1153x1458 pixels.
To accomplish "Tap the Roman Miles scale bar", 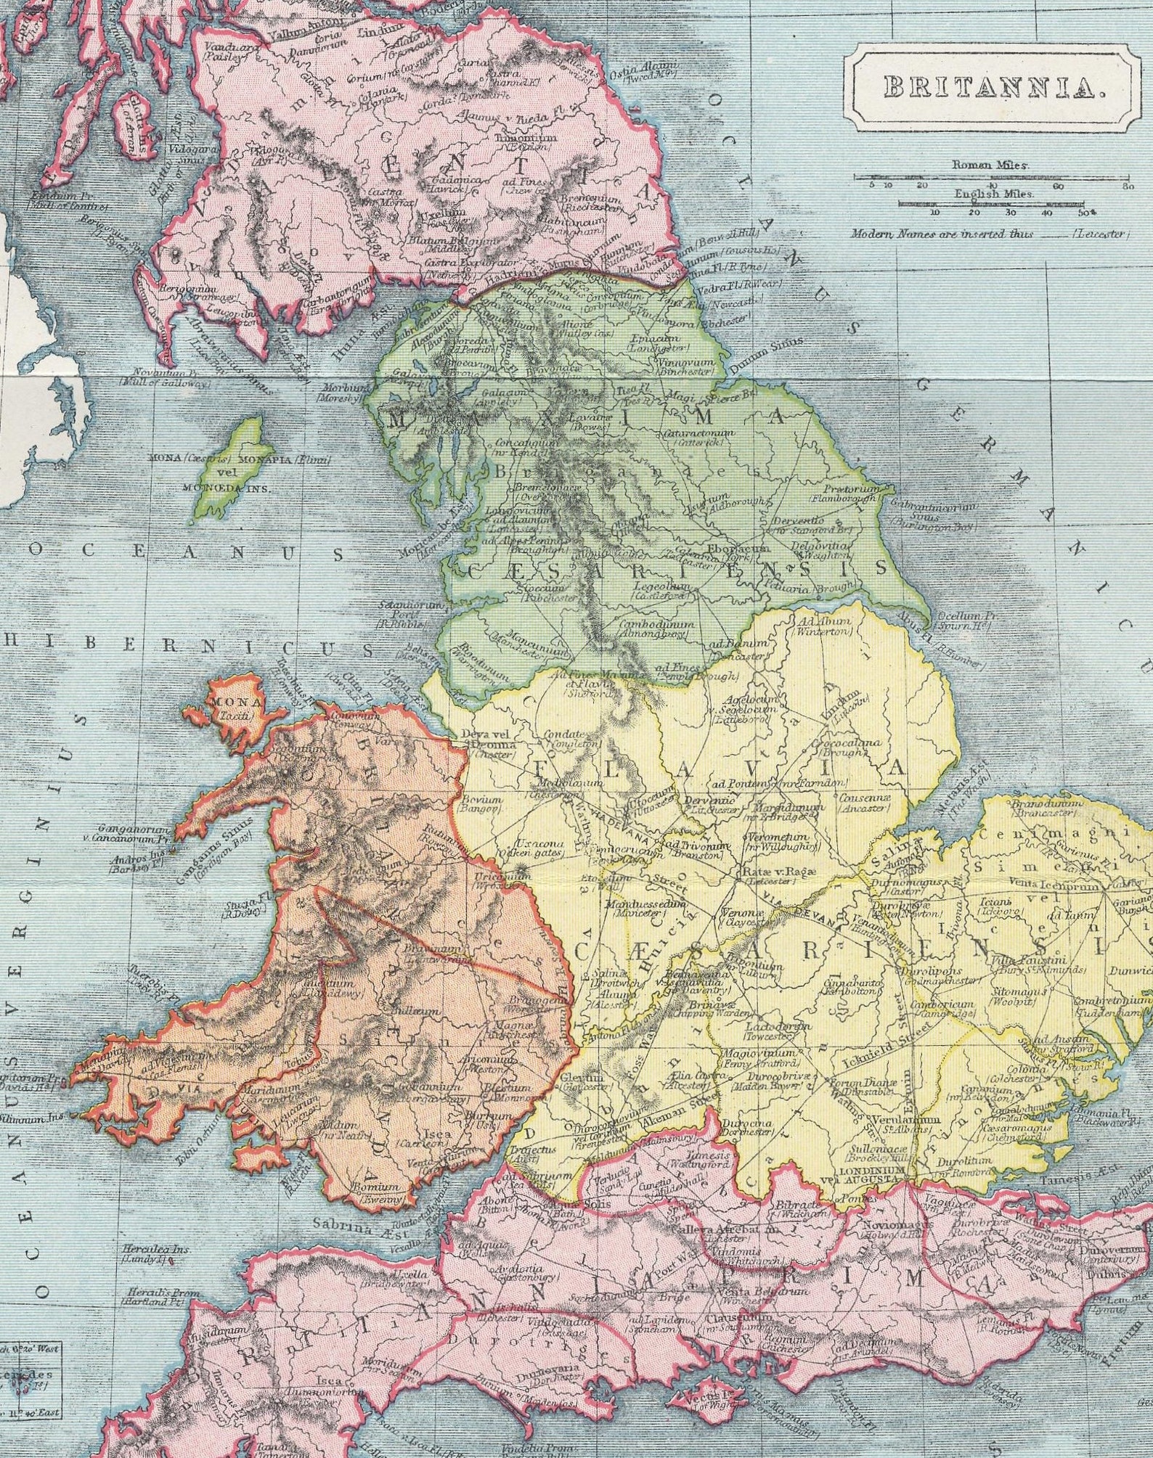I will pyautogui.click(x=990, y=176).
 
